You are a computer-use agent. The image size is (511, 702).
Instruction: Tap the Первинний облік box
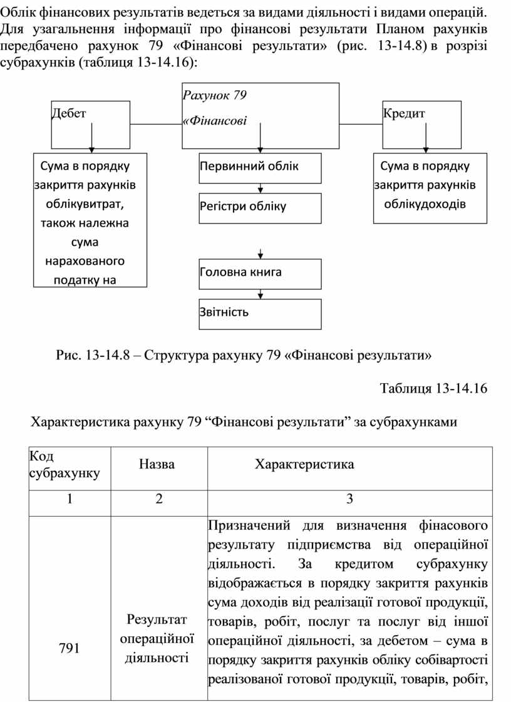(260, 167)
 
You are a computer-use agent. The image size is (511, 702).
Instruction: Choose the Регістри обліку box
(260, 207)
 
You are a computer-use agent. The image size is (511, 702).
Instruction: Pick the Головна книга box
(260, 273)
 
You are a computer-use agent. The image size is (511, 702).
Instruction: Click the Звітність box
(260, 313)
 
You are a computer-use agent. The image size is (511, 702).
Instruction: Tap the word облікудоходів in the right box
(425, 204)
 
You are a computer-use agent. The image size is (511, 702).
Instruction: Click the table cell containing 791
(70, 648)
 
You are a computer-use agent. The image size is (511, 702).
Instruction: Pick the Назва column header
(157, 465)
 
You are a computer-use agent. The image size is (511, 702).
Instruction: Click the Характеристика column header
(304, 465)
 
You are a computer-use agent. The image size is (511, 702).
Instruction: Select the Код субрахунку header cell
(70, 465)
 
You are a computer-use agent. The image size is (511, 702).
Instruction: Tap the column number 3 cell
(349, 499)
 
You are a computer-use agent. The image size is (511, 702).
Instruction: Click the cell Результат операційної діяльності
(157, 639)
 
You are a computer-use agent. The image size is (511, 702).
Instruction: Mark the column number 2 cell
(157, 499)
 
